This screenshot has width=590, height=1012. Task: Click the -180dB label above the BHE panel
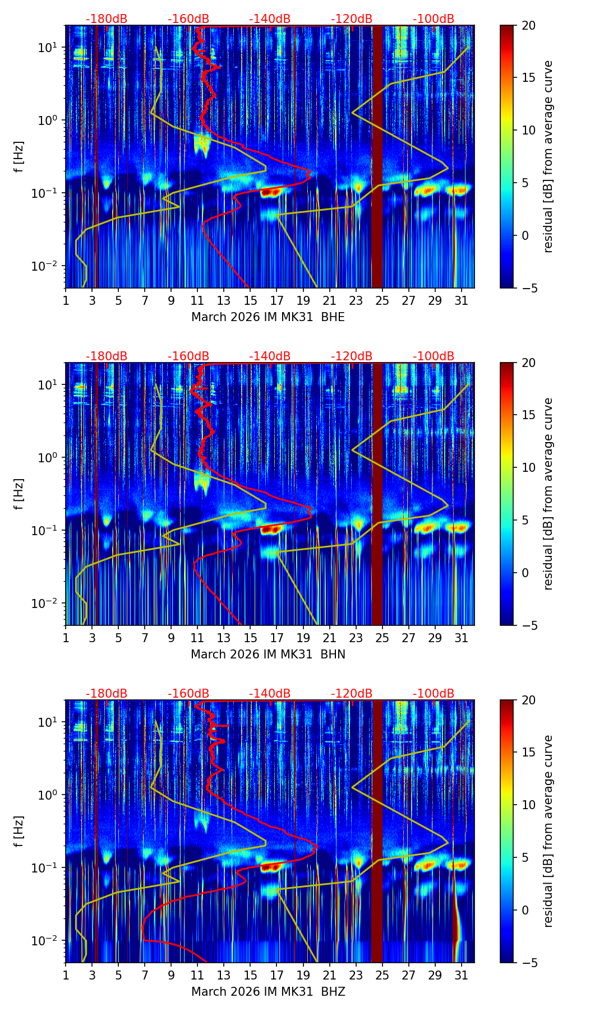tap(107, 19)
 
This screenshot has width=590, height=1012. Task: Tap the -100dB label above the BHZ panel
tap(434, 694)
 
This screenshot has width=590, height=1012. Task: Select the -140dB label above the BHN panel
tap(270, 356)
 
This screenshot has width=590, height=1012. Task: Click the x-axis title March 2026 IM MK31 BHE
tap(268, 317)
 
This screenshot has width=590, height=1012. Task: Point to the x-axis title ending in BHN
tap(268, 654)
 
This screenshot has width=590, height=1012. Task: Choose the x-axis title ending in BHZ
tap(268, 992)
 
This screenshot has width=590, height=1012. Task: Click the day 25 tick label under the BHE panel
tap(382, 301)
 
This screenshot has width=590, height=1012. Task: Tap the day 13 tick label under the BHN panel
tap(224, 638)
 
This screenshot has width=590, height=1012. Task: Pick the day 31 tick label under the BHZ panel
tap(461, 976)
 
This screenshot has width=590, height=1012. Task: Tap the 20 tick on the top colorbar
tap(528, 26)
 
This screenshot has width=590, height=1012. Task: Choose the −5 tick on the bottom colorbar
tap(528, 963)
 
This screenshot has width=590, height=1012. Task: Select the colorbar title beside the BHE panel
tap(548, 156)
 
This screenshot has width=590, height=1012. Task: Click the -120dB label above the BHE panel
tap(352, 19)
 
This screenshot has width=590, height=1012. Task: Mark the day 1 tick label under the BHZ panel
tap(66, 976)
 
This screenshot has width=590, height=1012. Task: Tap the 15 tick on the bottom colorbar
tap(528, 753)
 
